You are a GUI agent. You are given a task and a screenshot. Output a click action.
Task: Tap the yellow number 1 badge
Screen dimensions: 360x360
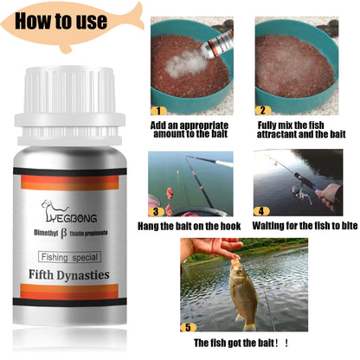158,111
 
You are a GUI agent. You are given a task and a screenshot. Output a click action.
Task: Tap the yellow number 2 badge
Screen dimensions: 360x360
263,111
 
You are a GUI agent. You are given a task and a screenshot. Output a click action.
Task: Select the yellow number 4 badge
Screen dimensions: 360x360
260,210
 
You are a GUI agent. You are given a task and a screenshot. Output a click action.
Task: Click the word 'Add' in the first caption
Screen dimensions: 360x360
158,124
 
